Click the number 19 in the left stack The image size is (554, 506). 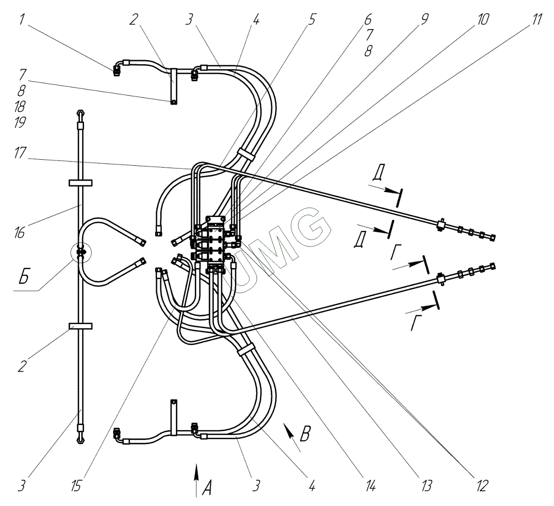pos(20,123)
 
